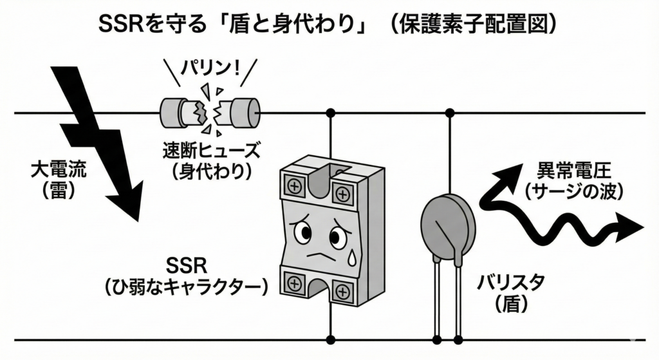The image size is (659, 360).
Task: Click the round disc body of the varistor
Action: tap(447, 222)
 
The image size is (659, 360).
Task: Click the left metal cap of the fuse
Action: tap(174, 113)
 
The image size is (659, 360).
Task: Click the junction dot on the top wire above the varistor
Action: tap(450, 113)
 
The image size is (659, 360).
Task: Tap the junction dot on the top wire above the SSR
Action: tap(331, 113)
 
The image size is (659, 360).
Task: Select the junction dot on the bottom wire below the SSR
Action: tap(331, 339)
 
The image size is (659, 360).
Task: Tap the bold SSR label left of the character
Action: tap(185, 266)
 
